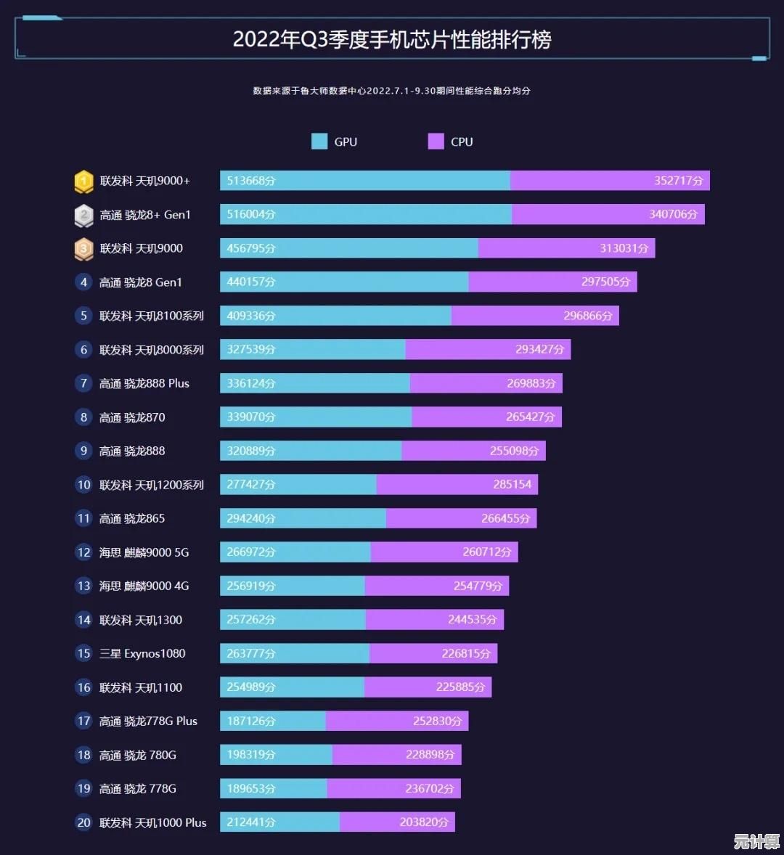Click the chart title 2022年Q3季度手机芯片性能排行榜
coord(392,39)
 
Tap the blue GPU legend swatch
coord(319,142)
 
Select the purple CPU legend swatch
coord(436,142)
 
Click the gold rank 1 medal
coord(83,181)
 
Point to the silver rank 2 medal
coord(83,215)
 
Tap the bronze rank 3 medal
coord(83,249)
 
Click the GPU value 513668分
coord(251,181)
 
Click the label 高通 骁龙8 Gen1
coord(141,282)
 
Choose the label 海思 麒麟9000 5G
coord(144,552)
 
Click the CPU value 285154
coord(512,484)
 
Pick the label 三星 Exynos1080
coord(142,653)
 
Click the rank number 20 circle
coord(83,822)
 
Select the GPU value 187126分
coord(251,721)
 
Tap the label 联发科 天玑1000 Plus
coord(153,822)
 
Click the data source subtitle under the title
coord(392,91)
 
